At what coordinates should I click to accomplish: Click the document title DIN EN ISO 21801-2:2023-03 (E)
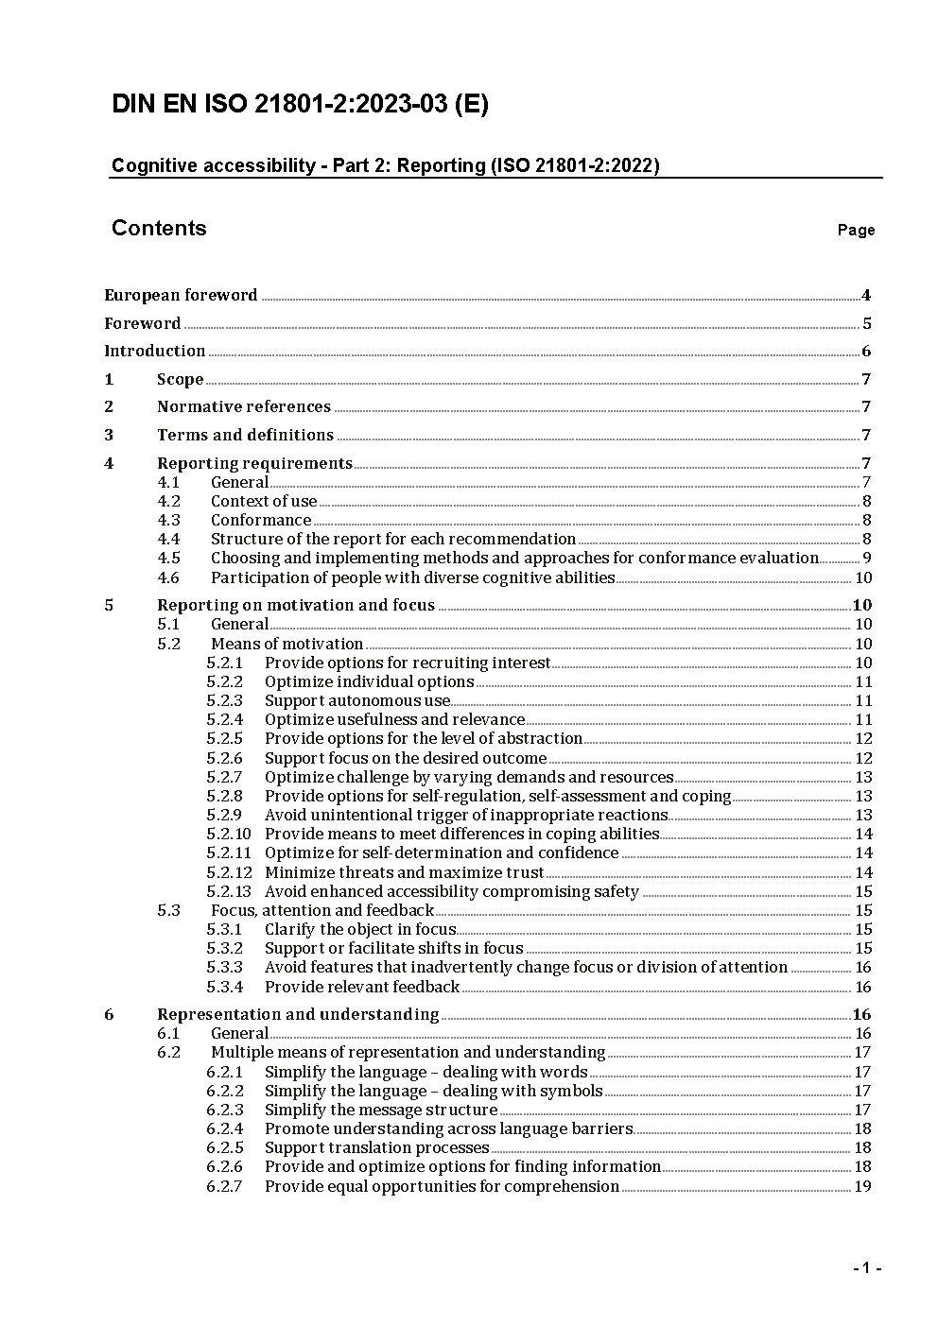[300, 105]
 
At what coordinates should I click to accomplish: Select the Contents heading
[159, 228]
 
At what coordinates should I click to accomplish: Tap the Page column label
[856, 230]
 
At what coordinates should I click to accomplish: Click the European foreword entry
[181, 295]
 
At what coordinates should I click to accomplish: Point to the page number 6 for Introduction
[866, 352]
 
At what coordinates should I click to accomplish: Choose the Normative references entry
[244, 407]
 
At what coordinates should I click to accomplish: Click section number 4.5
[169, 558]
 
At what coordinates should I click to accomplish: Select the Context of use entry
[264, 501]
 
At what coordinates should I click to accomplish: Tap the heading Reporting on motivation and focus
[296, 605]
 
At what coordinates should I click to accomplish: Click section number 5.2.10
[229, 834]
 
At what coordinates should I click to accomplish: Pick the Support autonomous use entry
[357, 700]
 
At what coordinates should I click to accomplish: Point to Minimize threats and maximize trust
[404, 872]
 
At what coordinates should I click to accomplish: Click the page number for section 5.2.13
[863, 891]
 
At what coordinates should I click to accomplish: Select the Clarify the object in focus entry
[360, 929]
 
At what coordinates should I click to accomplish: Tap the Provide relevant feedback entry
[362, 987]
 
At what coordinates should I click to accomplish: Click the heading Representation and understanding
[298, 1014]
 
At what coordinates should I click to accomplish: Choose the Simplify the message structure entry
[381, 1110]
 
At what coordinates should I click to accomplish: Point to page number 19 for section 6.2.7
[862, 1186]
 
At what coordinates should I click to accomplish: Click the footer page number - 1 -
[866, 1267]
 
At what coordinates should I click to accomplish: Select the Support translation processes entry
[376, 1147]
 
